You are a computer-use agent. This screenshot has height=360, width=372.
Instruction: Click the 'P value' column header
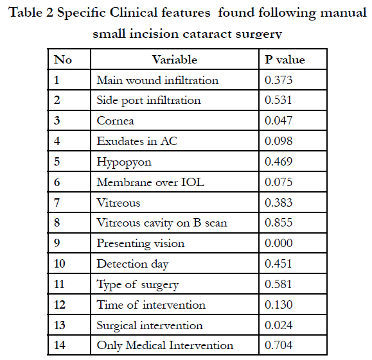click(x=285, y=60)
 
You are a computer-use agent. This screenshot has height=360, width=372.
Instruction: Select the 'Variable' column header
click(x=175, y=60)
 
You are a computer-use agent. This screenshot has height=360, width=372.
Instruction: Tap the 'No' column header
click(x=62, y=60)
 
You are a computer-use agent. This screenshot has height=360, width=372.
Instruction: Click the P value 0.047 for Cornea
click(x=278, y=121)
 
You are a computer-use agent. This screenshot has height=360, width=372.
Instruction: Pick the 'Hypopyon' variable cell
click(x=124, y=162)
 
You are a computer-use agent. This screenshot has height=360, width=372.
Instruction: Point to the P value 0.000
click(x=279, y=243)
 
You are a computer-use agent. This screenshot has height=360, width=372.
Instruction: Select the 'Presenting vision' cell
click(x=141, y=244)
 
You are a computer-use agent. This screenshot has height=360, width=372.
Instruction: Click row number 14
click(x=59, y=345)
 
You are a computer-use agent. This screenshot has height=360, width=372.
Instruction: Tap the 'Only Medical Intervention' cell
click(x=165, y=345)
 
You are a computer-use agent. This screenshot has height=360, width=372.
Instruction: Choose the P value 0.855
click(x=279, y=223)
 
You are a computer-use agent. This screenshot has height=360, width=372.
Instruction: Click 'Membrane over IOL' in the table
click(x=150, y=182)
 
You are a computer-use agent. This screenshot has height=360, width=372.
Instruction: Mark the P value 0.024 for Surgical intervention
click(x=279, y=325)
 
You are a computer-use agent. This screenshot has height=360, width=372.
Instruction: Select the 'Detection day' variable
click(x=132, y=264)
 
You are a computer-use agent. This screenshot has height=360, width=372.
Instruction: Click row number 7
click(x=57, y=203)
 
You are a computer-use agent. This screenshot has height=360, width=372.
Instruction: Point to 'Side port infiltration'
click(x=148, y=101)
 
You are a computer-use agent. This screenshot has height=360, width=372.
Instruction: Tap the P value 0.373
click(x=278, y=80)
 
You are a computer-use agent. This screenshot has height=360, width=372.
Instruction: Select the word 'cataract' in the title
click(x=207, y=33)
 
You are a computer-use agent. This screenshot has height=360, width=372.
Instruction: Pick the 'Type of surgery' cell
click(x=137, y=285)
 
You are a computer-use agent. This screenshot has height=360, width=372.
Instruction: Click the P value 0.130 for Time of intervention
click(x=279, y=305)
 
